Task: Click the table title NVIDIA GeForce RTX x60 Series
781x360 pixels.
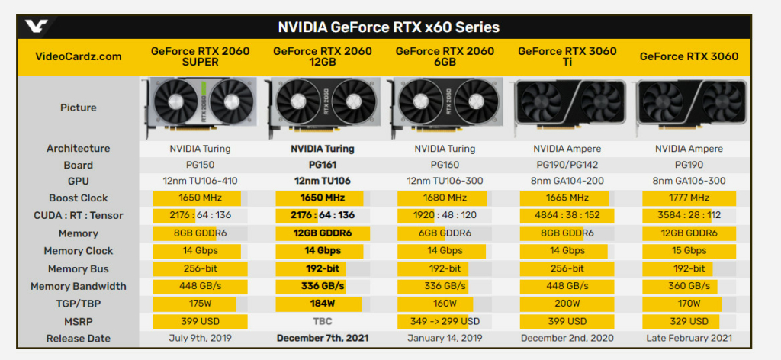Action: pyautogui.click(x=388, y=27)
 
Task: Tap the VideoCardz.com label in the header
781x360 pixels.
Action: pyautogui.click(x=79, y=56)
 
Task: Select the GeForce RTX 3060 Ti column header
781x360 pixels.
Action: pyautogui.click(x=566, y=56)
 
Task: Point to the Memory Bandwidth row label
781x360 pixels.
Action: pyautogui.click(x=79, y=286)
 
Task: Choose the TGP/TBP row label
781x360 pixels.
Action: pyautogui.click(x=79, y=304)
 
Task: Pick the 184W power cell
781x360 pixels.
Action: pyautogui.click(x=322, y=304)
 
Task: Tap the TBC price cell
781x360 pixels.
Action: pyautogui.click(x=322, y=321)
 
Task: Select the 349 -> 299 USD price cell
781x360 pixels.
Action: pyautogui.click(x=444, y=321)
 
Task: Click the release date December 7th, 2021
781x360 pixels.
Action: pyautogui.click(x=322, y=339)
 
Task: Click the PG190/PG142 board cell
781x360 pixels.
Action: pyautogui.click(x=566, y=165)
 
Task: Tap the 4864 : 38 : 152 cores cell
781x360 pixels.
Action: pyautogui.click(x=566, y=216)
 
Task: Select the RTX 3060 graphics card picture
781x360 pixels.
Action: pyautogui.click(x=688, y=108)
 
